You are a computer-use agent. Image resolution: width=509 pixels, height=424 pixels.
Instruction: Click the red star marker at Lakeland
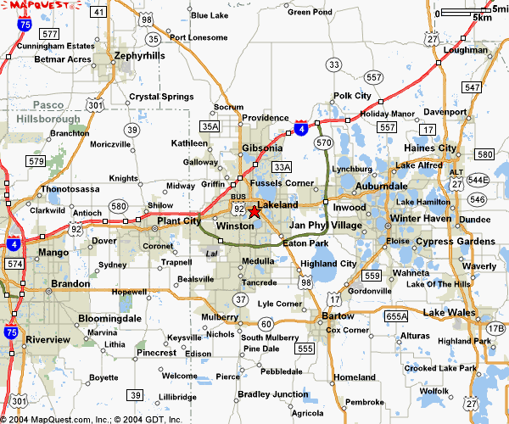click(x=255, y=211)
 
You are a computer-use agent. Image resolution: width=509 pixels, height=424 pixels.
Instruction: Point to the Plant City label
click(x=179, y=220)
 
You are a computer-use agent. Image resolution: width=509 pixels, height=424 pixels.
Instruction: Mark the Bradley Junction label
click(x=273, y=393)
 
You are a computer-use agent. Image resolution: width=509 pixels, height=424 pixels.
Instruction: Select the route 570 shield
click(x=322, y=143)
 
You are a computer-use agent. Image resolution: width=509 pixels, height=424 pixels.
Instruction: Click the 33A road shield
click(x=282, y=167)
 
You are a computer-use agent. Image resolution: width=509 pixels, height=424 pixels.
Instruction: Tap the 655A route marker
click(x=396, y=316)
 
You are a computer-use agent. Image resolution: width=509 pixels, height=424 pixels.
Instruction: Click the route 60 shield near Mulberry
click(x=266, y=323)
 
